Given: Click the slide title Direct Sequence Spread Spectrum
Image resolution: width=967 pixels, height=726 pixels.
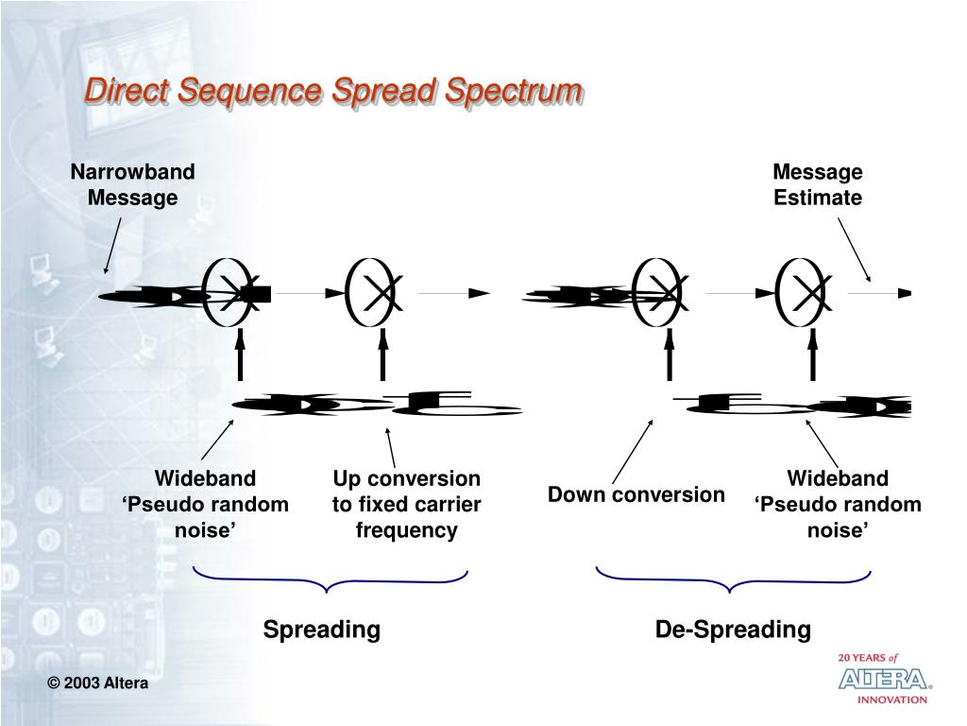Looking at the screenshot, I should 332,92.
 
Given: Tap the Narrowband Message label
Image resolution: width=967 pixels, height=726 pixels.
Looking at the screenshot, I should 133,184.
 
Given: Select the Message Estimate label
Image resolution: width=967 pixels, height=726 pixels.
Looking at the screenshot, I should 818,184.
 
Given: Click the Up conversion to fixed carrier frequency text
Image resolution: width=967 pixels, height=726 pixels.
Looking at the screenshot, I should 406,504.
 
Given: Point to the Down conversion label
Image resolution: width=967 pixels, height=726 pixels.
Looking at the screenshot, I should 636,494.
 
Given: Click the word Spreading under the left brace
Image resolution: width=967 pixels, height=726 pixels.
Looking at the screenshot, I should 321,629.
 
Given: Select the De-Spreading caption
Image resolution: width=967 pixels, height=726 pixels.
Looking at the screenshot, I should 733,629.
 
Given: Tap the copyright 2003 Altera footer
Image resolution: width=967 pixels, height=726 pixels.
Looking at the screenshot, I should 99,683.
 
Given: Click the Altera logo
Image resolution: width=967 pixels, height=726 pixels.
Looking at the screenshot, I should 884,679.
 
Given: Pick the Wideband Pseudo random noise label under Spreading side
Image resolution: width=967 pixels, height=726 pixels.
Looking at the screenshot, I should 205,504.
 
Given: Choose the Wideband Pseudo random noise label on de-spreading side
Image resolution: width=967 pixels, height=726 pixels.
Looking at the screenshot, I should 838,504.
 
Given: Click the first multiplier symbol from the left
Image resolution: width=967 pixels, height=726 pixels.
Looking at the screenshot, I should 232,293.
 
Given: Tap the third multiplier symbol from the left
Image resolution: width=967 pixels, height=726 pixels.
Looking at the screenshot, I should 661,293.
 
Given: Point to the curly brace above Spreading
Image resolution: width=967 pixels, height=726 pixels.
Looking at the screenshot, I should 330,579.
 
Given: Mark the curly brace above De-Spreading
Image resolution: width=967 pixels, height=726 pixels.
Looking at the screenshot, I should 733,579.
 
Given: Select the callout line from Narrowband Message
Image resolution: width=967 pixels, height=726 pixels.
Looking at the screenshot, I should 113,245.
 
